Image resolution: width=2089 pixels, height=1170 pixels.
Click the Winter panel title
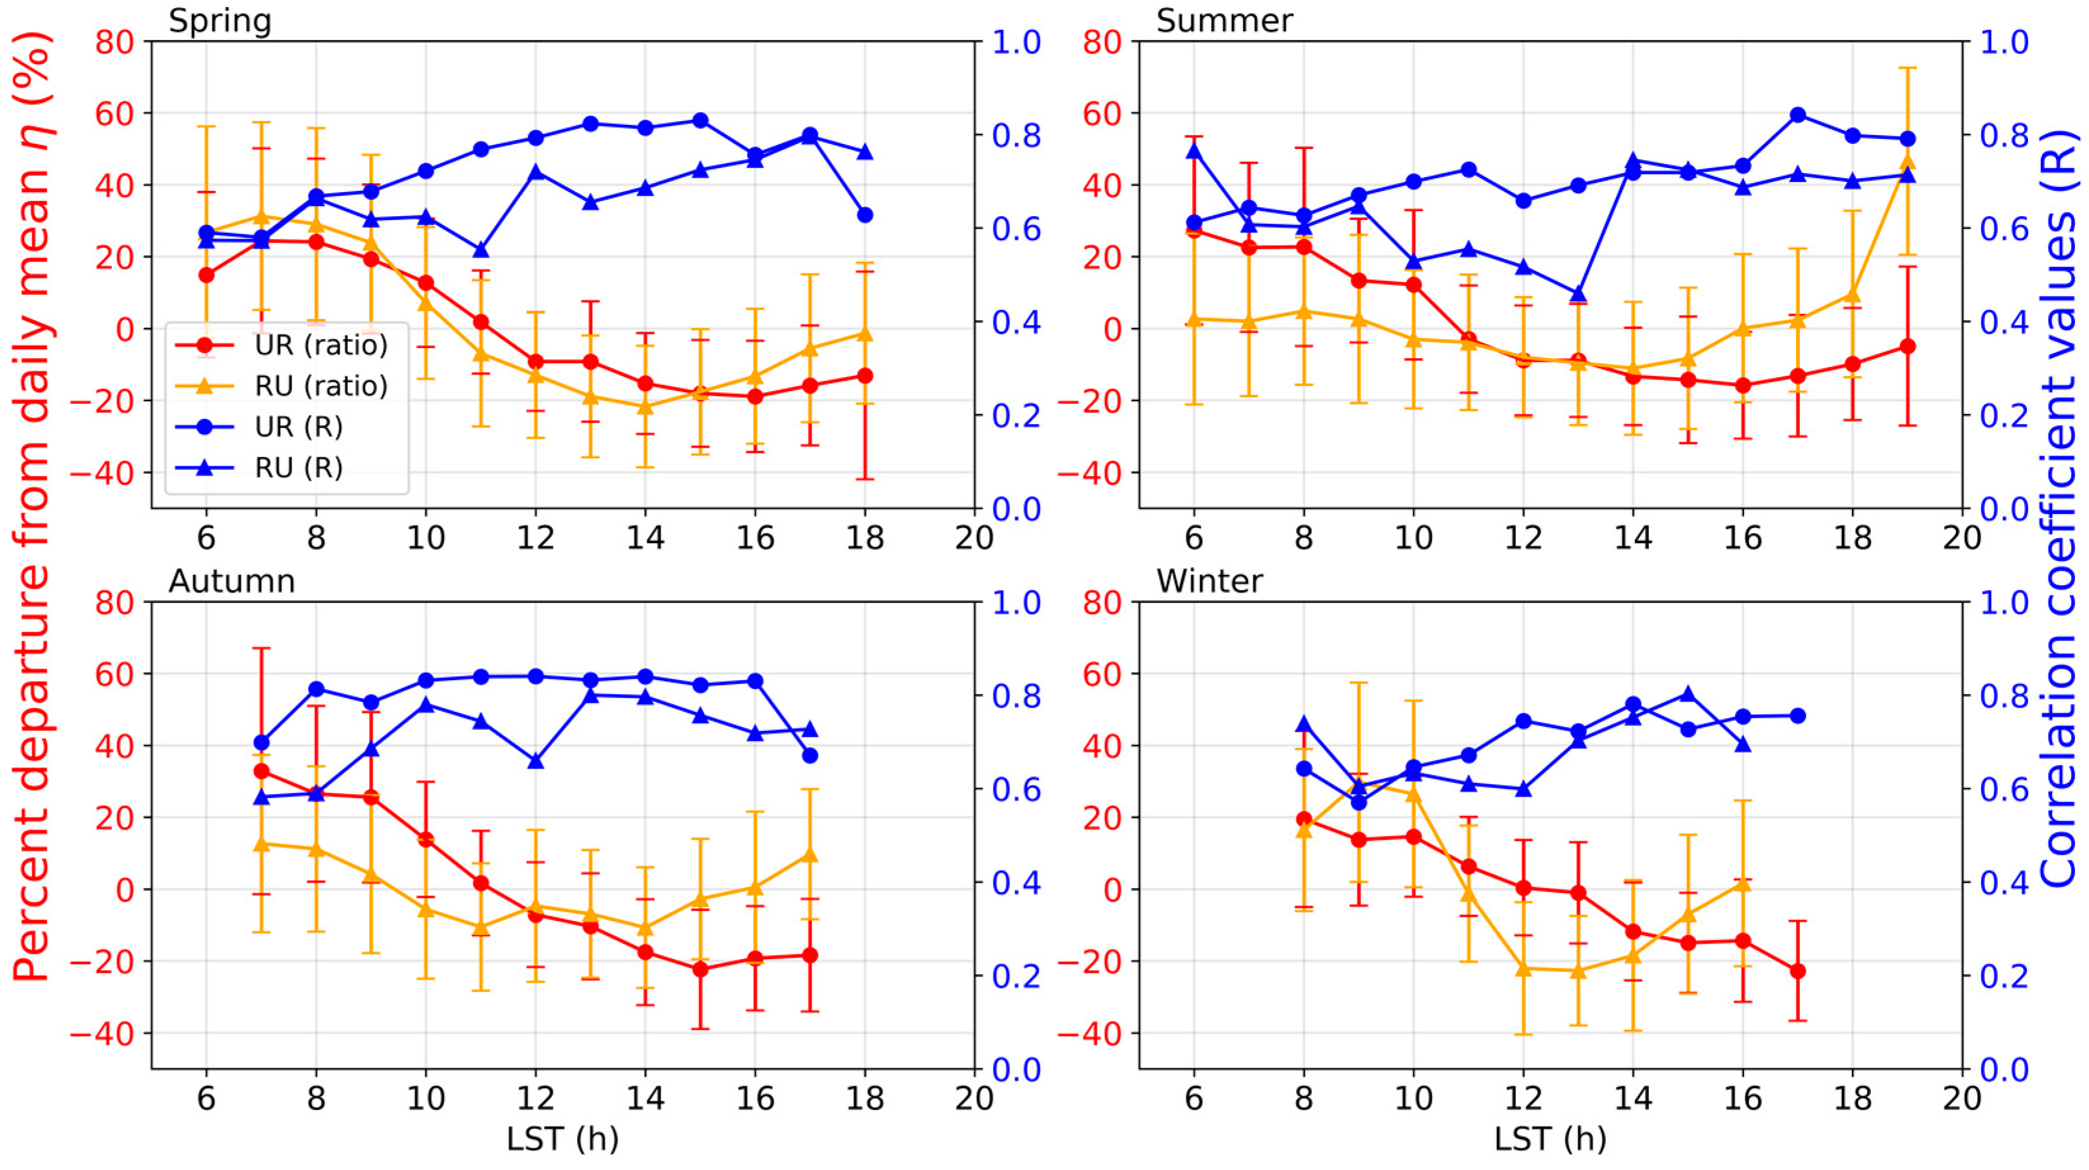tap(1208, 581)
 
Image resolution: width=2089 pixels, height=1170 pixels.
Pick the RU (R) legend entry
tap(299, 468)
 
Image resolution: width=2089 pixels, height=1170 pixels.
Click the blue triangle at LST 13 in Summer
tap(1578, 295)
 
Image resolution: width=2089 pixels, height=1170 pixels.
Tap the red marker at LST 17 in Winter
tap(1798, 970)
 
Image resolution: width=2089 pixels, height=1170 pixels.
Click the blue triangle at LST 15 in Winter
tap(1688, 694)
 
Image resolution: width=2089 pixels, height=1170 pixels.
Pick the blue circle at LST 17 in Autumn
tap(810, 755)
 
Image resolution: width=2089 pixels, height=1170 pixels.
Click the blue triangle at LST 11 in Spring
tap(481, 250)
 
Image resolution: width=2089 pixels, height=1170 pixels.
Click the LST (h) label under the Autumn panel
tap(562, 1139)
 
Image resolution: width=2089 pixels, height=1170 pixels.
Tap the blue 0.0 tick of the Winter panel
tap(2004, 1069)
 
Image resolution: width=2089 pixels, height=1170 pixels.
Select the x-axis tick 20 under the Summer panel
tap(1962, 537)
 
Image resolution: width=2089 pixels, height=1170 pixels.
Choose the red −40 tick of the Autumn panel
tap(101, 1034)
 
